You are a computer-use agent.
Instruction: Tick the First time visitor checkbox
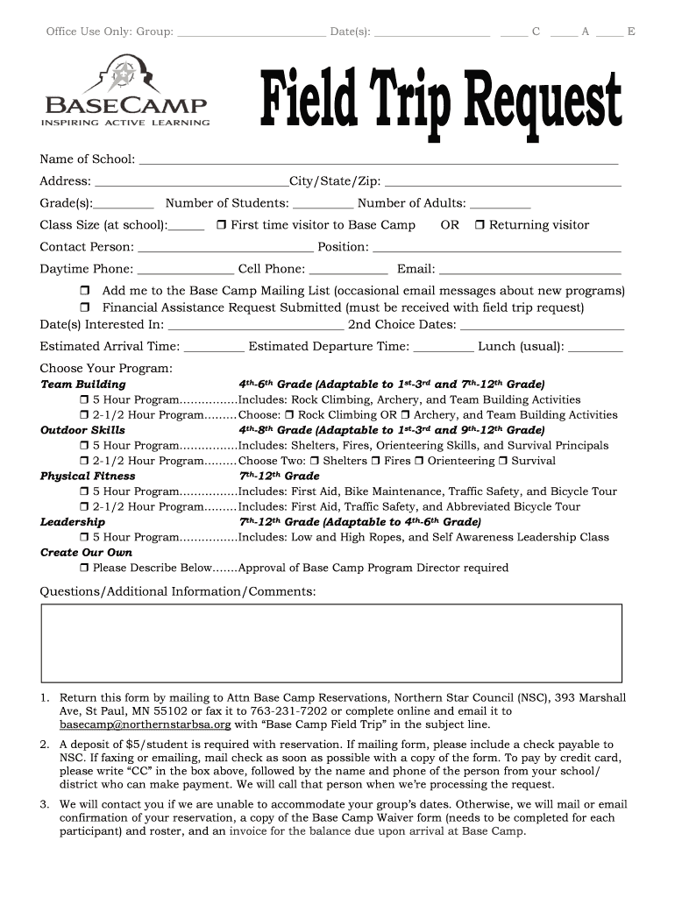[223, 225]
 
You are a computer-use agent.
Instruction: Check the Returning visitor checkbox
[480, 225]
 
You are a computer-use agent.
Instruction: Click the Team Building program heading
[83, 385]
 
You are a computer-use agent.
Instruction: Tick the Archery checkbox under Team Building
[406, 415]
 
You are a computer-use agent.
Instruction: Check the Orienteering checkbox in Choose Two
[420, 461]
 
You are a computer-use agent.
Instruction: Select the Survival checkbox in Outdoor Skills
[504, 461]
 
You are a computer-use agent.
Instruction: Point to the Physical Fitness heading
[88, 477]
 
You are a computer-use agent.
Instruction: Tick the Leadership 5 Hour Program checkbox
[84, 538]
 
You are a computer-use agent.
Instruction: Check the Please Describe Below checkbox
[84, 569]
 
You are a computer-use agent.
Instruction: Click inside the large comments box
[331, 643]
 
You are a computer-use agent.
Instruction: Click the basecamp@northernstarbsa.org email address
[146, 725]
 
